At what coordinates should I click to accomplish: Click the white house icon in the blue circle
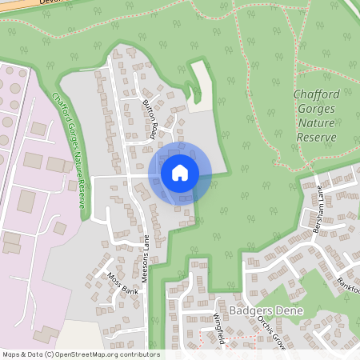tap(180, 172)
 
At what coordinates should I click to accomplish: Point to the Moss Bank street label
tap(122, 284)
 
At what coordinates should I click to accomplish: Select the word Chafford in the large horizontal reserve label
tap(316, 94)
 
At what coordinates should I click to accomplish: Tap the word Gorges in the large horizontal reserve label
tap(316, 109)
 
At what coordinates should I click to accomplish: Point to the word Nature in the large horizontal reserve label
tap(316, 123)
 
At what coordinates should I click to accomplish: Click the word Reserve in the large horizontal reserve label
tap(316, 138)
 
